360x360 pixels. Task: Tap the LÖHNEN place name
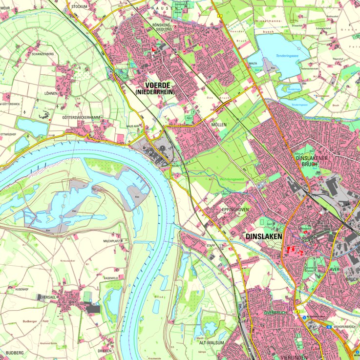[50, 93]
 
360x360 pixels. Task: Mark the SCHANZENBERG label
[42, 68]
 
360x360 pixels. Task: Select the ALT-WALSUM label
[212, 343]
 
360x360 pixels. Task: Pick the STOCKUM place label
[79, 6]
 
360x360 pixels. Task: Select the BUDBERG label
[15, 352]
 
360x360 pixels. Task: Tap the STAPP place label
[211, 245]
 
